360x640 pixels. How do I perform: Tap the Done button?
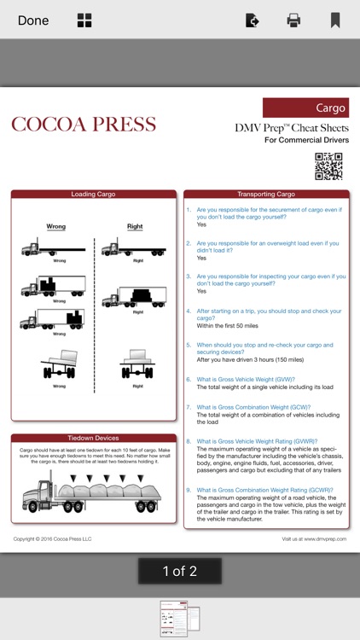[x=33, y=20]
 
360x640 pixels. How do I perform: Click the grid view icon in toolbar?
[x=84, y=20]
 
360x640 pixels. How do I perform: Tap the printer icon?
[x=293, y=20]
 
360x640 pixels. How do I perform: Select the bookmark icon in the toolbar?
[x=335, y=20]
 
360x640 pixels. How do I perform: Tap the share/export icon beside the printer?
[x=252, y=20]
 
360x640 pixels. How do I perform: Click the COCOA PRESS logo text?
[x=84, y=125]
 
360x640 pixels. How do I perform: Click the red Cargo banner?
[x=305, y=108]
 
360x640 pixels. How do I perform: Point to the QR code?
[x=328, y=166]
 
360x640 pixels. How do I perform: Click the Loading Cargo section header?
[x=93, y=195]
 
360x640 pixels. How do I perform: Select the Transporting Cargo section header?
[x=266, y=195]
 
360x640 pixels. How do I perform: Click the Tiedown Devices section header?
[x=93, y=438]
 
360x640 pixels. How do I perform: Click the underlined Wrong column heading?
[x=55, y=227]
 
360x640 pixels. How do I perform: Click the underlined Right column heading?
[x=135, y=227]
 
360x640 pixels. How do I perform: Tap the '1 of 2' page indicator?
[x=180, y=571]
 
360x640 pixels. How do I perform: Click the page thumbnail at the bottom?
[x=180, y=619]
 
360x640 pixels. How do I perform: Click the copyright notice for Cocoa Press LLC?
[x=53, y=538]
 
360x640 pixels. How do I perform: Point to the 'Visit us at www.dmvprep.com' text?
[x=314, y=538]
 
